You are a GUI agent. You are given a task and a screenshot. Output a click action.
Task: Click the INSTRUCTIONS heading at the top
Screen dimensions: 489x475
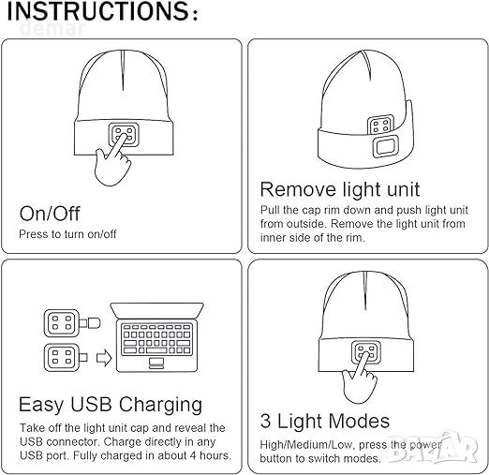pyautogui.click(x=102, y=10)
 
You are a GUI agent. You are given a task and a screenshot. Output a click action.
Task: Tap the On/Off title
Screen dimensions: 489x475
pyautogui.click(x=50, y=214)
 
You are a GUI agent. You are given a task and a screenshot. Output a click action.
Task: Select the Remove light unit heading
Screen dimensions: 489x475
pyautogui.click(x=340, y=189)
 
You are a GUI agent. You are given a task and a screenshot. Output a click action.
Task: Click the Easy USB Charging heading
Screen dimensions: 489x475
pyautogui.click(x=111, y=405)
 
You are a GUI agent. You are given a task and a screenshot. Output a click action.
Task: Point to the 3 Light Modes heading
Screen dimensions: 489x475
pyautogui.click(x=325, y=422)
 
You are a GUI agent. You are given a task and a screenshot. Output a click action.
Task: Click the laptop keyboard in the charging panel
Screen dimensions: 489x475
pyautogui.click(x=156, y=339)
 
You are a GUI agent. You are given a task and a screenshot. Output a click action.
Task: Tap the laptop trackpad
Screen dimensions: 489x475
pyautogui.click(x=156, y=363)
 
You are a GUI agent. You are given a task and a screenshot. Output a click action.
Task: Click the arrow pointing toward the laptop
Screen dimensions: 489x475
pyautogui.click(x=104, y=358)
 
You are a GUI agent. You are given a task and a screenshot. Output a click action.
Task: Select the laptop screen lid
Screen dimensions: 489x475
pyautogui.click(x=156, y=310)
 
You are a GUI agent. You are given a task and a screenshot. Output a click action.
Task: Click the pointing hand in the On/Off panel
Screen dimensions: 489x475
pyautogui.click(x=113, y=162)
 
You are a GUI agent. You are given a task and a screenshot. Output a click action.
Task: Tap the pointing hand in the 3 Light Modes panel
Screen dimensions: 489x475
pyautogui.click(x=359, y=379)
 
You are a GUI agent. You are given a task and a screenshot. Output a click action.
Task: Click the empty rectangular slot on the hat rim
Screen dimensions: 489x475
pyautogui.click(x=386, y=146)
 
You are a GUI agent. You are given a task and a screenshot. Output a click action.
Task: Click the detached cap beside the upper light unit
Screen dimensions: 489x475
pyautogui.click(x=94, y=323)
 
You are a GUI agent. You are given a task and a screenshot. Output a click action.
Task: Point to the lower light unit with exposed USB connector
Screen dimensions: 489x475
pyautogui.click(x=66, y=357)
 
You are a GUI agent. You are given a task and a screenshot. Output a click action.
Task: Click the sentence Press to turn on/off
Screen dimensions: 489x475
pyautogui.click(x=67, y=234)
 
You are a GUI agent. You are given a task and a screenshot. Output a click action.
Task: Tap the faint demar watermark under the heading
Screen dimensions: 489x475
pyautogui.click(x=52, y=29)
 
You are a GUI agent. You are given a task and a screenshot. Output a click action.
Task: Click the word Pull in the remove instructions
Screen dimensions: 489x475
pyautogui.click(x=270, y=210)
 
